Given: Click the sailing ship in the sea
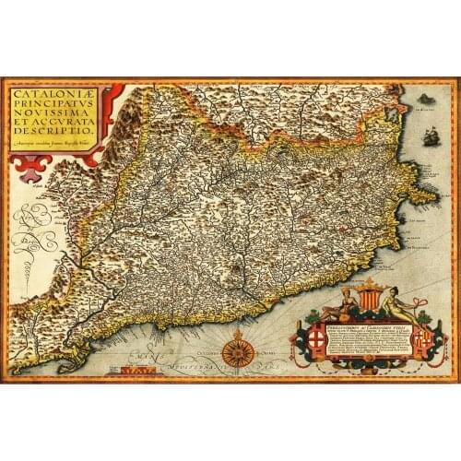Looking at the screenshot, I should (428, 139).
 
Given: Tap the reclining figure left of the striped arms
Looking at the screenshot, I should (343, 302).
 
